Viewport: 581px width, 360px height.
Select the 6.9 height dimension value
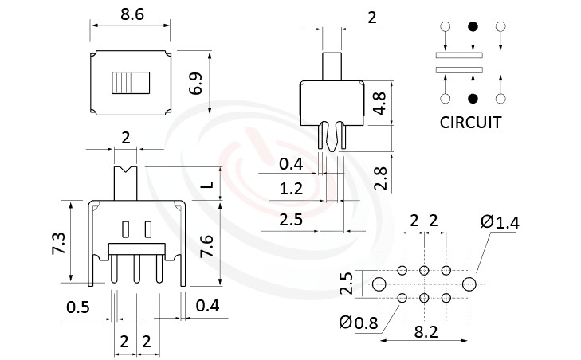click(196, 81)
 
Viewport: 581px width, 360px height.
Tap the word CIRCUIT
click(470, 123)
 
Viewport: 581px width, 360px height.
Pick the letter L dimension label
click(206, 185)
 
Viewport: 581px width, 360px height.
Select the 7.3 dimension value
click(58, 241)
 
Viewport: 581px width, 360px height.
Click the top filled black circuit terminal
click(473, 26)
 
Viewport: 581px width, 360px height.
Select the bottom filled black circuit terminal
click(473, 99)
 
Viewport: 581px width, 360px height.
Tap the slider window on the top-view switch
click(131, 83)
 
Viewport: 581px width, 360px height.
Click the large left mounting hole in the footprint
click(379, 284)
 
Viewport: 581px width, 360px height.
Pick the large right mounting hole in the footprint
click(469, 284)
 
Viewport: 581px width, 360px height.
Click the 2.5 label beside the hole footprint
click(345, 284)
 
